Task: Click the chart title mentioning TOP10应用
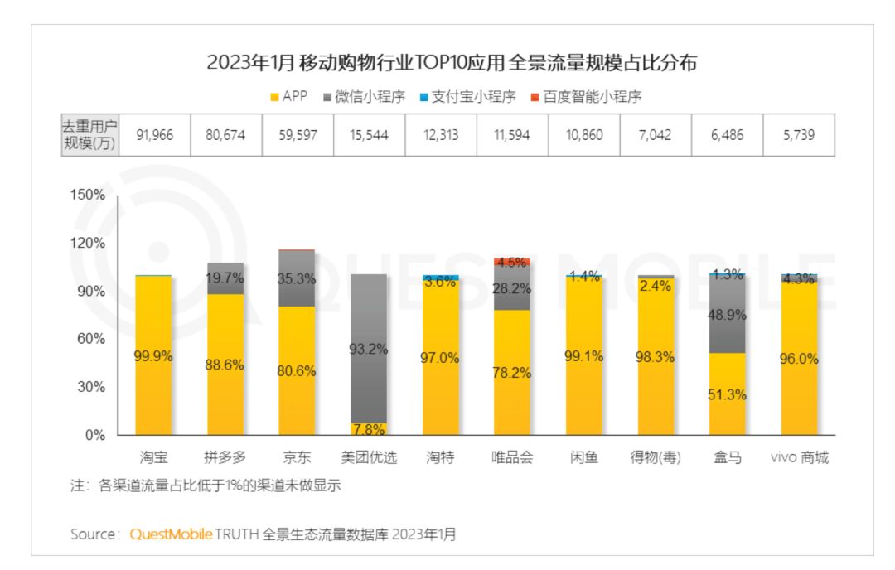(452, 63)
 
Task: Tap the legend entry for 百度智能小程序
(585, 97)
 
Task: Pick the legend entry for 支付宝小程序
(468, 97)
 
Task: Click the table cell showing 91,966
(154, 135)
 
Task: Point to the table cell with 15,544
(369, 135)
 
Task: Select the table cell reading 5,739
(799, 135)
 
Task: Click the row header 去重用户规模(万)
(89, 135)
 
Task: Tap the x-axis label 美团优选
(369, 458)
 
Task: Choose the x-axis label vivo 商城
(799, 458)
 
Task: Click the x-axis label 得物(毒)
(656, 458)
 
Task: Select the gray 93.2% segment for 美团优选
(369, 348)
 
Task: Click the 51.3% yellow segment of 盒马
(727, 394)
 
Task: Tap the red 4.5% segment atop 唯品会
(512, 262)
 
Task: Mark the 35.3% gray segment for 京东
(297, 278)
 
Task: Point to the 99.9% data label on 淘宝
(153, 357)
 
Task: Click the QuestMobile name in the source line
(172, 534)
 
